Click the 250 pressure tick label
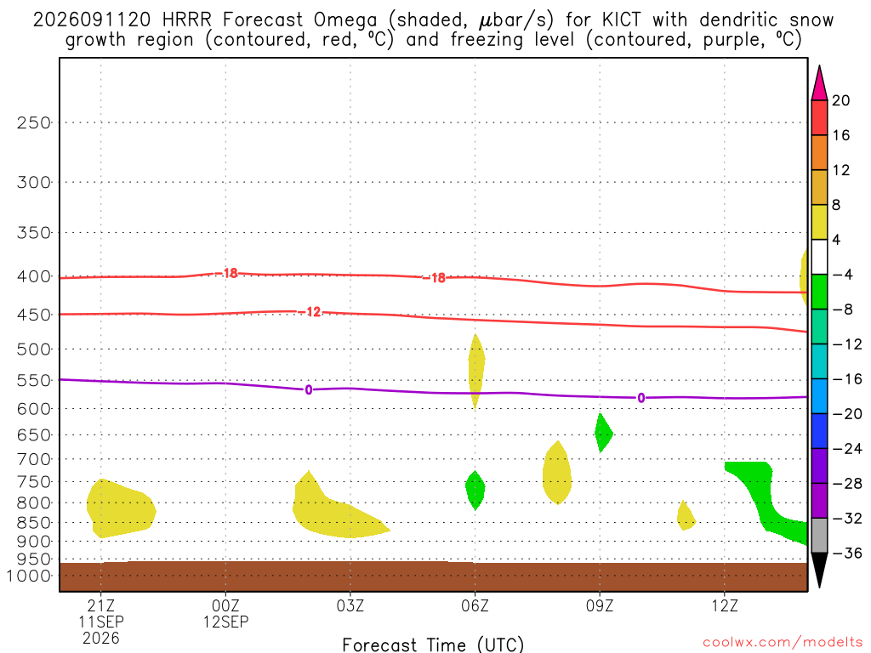(x=33, y=122)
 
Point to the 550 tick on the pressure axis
(x=33, y=380)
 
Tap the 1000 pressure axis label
(x=28, y=576)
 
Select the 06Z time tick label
(x=475, y=605)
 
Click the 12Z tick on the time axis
(x=725, y=605)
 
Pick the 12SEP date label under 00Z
(x=225, y=622)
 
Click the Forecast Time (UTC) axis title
(x=433, y=644)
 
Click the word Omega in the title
(x=345, y=21)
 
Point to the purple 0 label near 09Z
(x=641, y=398)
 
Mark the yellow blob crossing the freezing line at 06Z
(x=476, y=371)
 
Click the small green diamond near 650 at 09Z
(x=603, y=433)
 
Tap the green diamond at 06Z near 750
(x=475, y=491)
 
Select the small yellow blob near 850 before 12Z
(x=686, y=516)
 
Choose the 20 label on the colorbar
(x=840, y=100)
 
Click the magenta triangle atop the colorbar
(x=819, y=84)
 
